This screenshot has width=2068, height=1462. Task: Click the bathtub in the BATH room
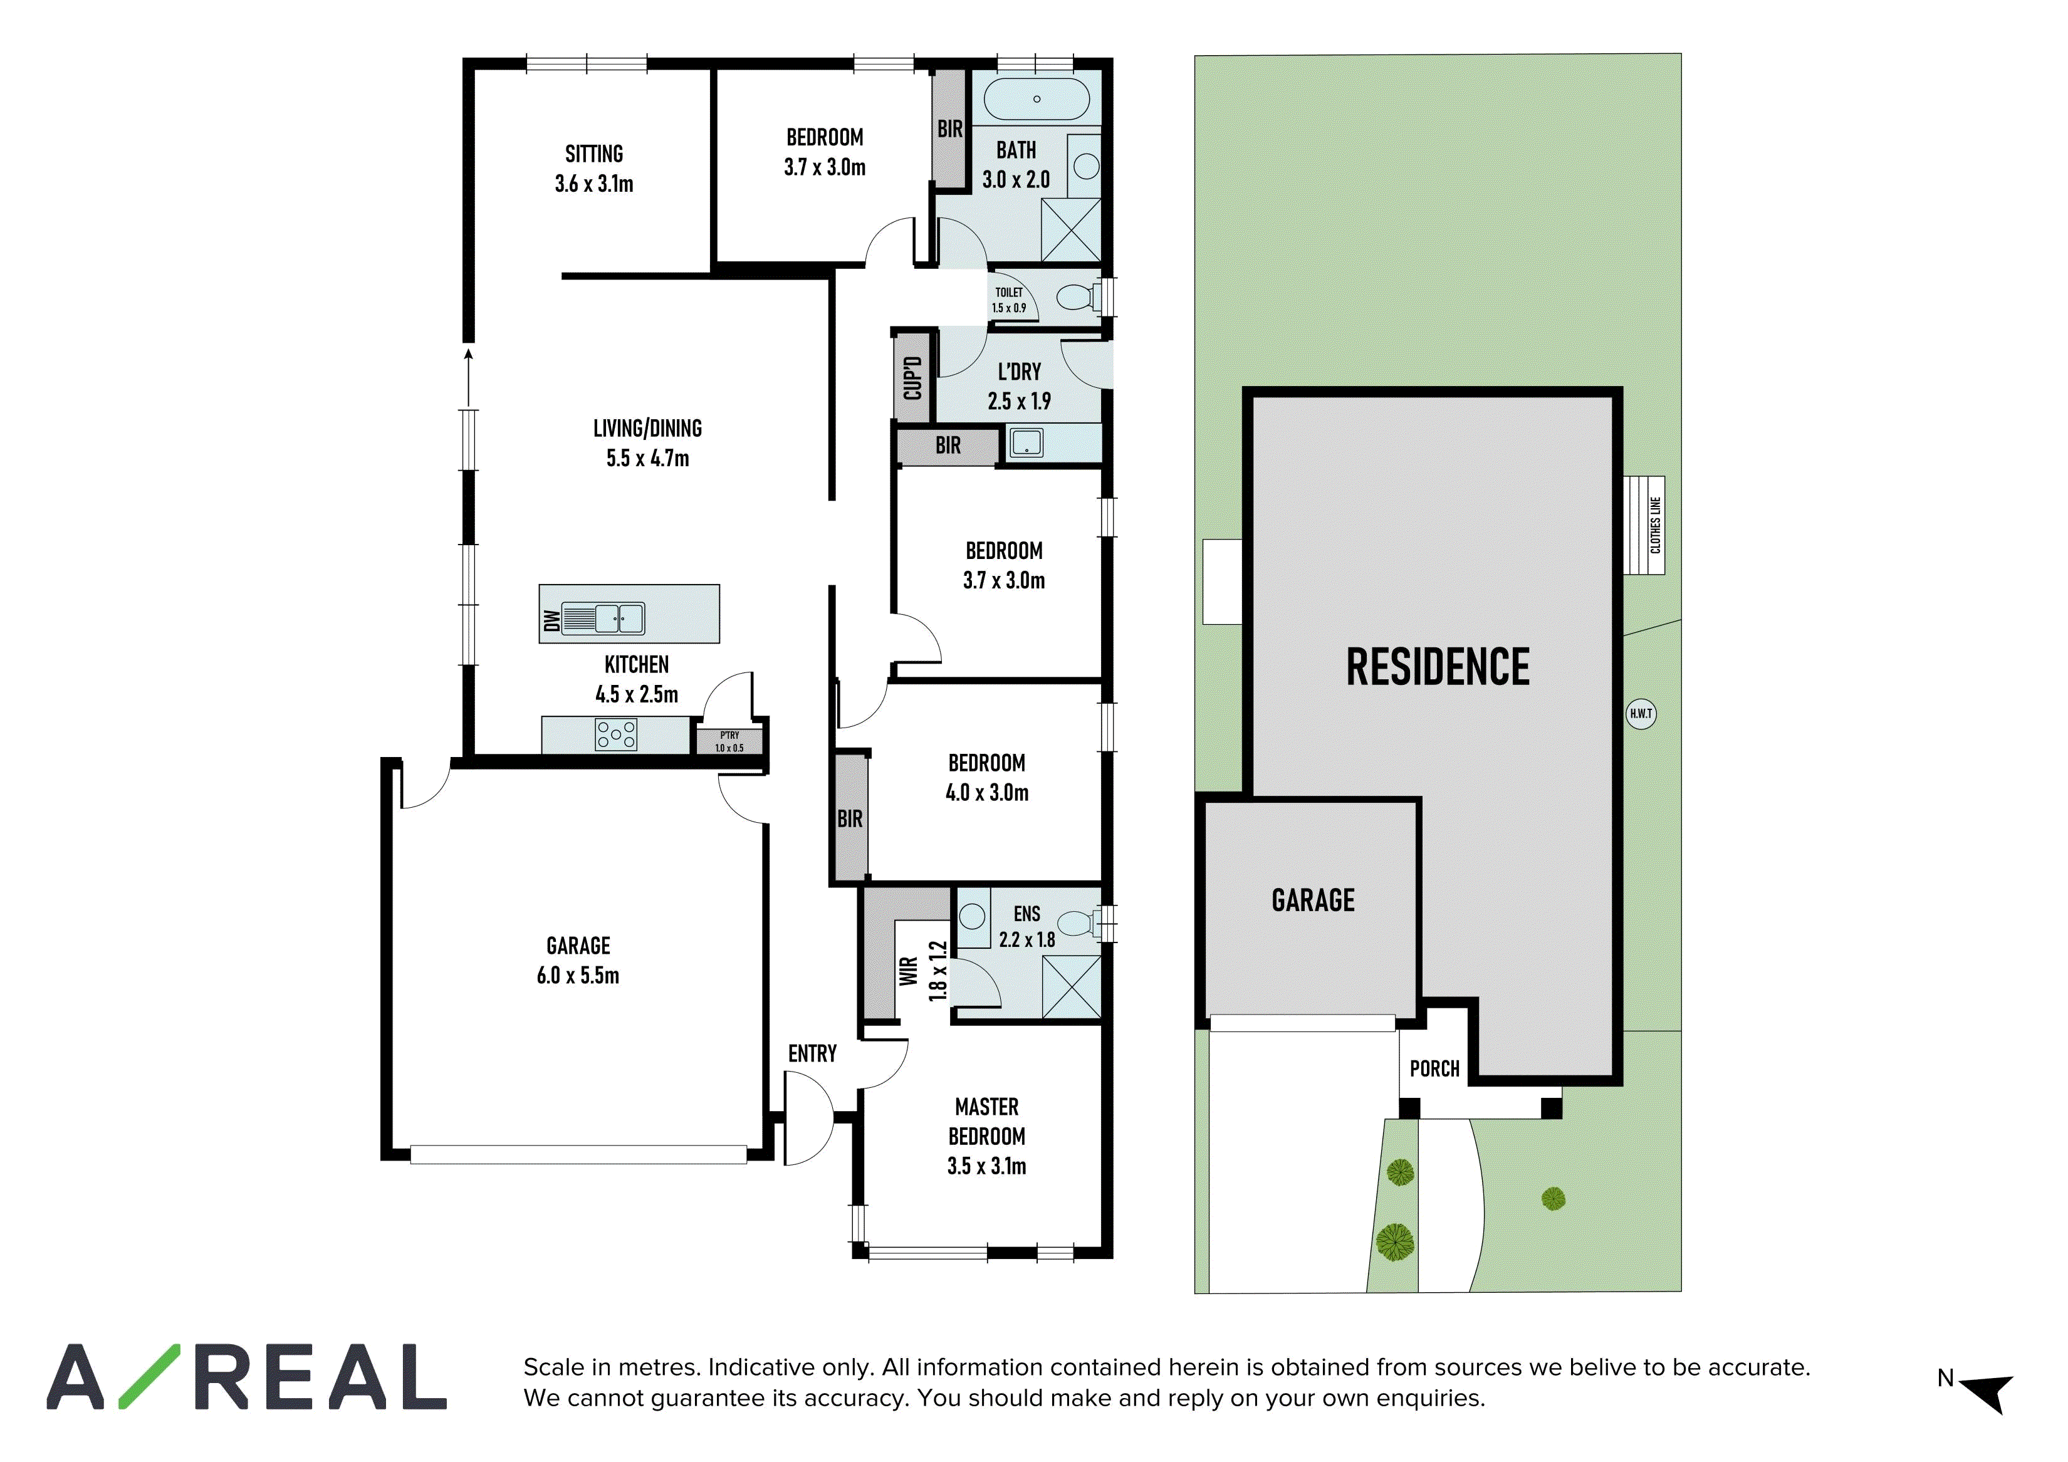(1037, 99)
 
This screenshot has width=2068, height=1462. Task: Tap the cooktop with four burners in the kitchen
(616, 735)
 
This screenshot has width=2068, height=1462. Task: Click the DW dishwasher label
(551, 620)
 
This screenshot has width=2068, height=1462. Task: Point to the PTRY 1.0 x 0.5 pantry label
(729, 741)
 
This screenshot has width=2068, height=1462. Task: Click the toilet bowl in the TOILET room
(1078, 297)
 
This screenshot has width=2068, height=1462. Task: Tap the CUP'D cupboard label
(912, 379)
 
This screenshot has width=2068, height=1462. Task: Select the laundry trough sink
(1026, 442)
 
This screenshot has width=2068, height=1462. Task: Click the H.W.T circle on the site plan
(1641, 714)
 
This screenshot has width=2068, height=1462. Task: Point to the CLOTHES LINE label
(1656, 525)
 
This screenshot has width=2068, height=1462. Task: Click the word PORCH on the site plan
(1435, 1069)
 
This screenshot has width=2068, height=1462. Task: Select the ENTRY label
(812, 1054)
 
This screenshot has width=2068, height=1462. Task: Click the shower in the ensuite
(1072, 987)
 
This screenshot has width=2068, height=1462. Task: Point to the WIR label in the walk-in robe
(909, 971)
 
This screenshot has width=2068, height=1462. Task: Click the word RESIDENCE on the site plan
(1438, 667)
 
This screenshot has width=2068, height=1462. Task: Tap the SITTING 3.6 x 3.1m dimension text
(595, 184)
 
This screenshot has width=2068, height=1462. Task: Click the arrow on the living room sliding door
(468, 379)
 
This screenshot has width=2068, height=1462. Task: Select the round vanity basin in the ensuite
(973, 917)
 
